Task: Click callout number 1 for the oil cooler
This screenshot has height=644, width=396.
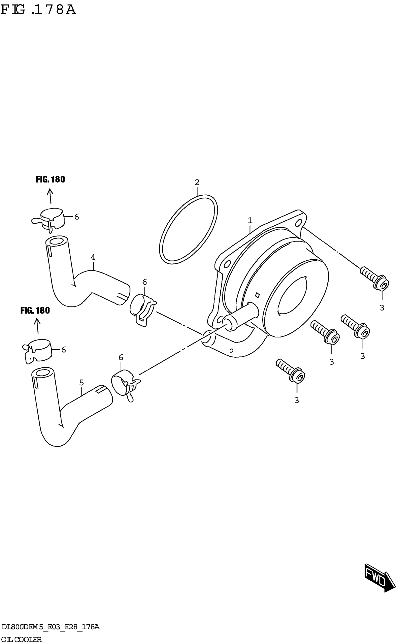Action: point(250,220)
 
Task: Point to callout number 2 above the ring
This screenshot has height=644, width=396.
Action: point(197,182)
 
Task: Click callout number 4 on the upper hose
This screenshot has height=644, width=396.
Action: point(93,257)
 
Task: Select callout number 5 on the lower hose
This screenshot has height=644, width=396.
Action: point(82,383)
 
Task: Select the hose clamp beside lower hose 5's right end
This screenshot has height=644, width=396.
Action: point(125,384)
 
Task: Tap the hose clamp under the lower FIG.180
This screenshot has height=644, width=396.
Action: point(38,351)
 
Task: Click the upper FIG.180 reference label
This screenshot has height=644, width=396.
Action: point(50,179)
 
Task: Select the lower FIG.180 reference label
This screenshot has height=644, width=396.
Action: point(35,311)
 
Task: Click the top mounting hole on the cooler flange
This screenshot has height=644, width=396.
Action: point(298,223)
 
